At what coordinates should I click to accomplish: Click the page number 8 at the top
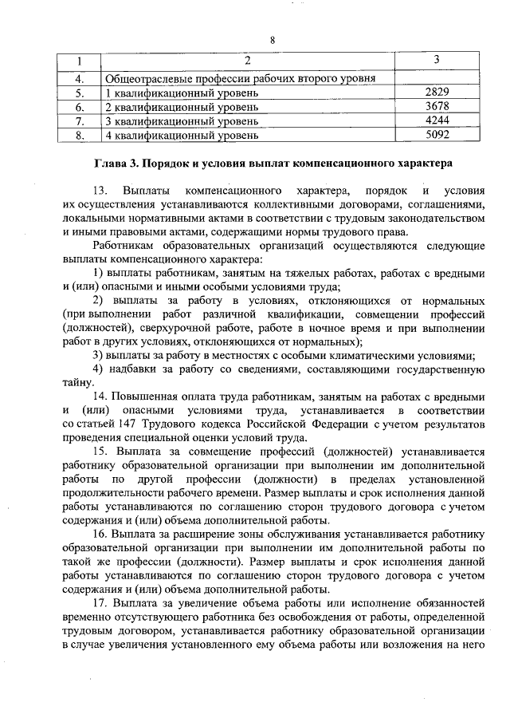coord(272,40)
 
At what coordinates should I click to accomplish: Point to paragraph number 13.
coord(100,193)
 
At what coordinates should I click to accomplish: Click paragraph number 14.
coord(100,396)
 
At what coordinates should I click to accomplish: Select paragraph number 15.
coord(100,452)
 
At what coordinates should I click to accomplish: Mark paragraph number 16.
coord(100,533)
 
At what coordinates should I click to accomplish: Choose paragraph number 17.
coord(100,602)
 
